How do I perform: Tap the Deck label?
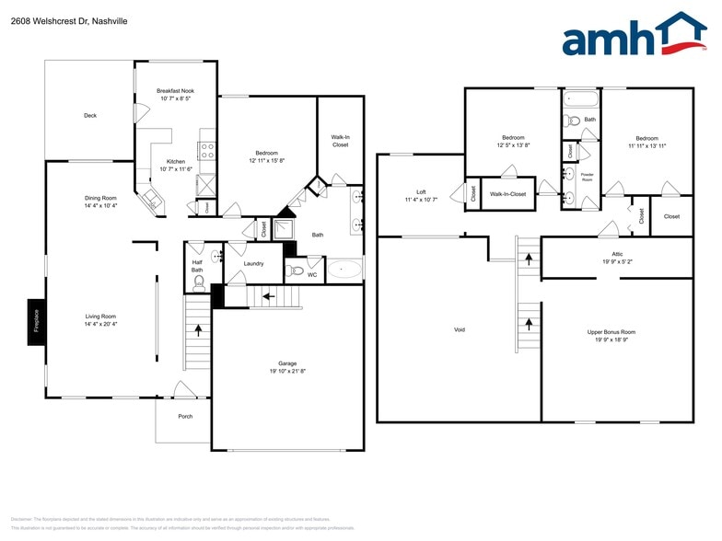pos(90,116)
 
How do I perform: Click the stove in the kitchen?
pos(208,149)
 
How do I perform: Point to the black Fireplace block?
pos(37,322)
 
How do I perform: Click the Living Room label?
pos(100,317)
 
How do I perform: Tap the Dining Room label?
pos(100,198)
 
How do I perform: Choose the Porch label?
pos(185,415)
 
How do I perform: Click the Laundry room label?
pos(253,264)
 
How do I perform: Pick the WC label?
pos(312,274)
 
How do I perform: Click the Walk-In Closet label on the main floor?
pos(340,141)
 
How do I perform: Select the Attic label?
pos(617,253)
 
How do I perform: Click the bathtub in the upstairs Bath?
pos(580,98)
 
